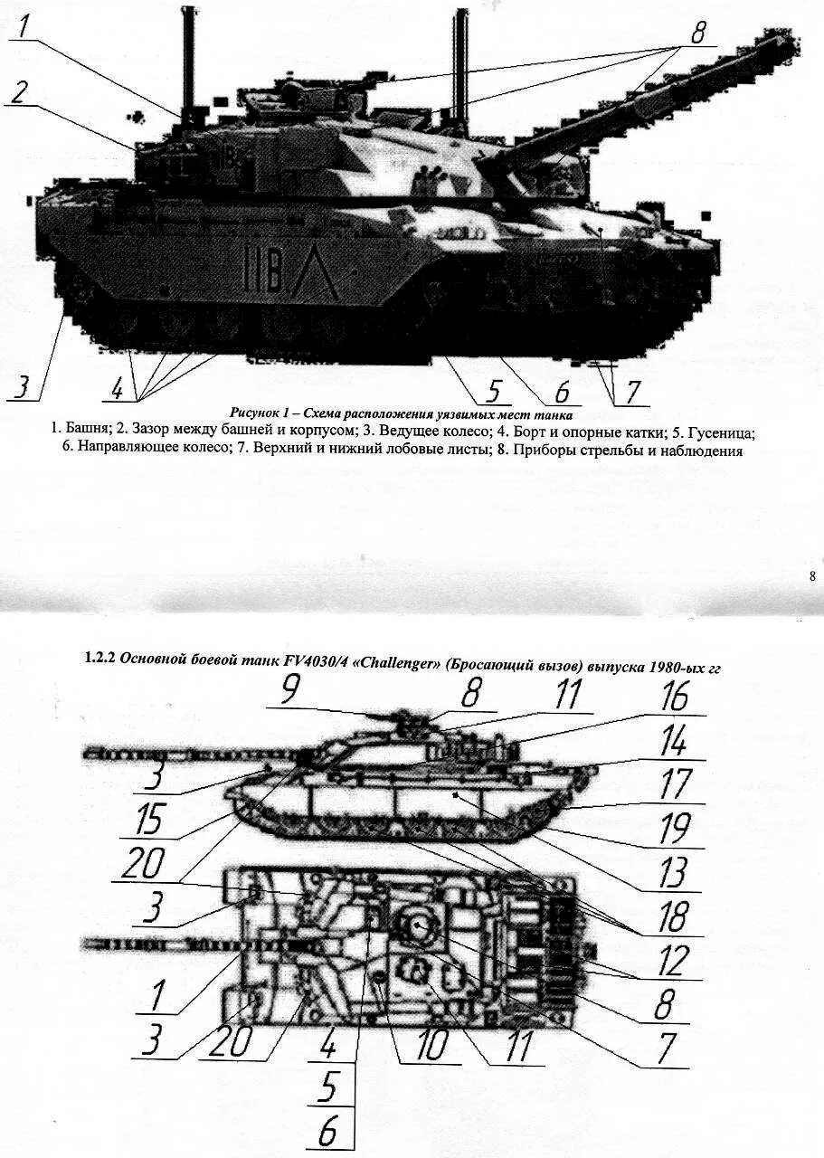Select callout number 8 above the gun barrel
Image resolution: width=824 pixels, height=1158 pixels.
point(697,34)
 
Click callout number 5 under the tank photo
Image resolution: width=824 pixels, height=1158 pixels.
point(493,391)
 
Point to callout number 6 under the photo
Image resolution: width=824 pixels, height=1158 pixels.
point(562,392)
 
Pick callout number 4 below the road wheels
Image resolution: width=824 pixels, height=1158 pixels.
point(117,389)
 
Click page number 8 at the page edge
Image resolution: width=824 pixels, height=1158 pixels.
point(811,575)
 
